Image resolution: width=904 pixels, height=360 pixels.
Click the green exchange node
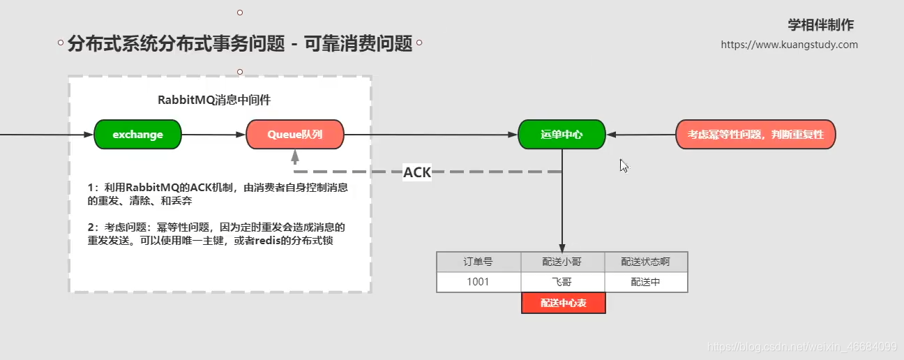point(137,135)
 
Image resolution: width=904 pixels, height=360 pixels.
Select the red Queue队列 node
point(295,135)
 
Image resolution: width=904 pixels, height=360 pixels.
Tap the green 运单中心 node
point(562,135)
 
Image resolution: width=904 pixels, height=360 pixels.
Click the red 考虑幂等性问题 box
point(755,135)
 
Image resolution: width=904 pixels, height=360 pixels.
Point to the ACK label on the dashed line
point(417,172)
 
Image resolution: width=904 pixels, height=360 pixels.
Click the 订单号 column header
point(479,262)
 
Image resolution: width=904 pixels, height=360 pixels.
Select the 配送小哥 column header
point(562,262)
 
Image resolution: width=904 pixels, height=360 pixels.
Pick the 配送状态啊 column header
point(646,262)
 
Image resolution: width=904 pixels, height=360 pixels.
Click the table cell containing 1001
point(479,282)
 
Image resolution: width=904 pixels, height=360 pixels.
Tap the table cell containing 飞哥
point(562,282)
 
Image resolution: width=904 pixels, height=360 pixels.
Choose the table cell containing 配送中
point(646,282)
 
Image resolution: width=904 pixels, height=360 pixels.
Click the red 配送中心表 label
point(564,303)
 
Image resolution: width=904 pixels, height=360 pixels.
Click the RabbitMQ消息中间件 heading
point(214,100)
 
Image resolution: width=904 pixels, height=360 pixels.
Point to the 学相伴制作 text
point(821,25)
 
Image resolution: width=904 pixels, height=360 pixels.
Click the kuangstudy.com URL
point(790,45)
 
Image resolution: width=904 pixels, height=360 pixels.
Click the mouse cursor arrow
point(624,165)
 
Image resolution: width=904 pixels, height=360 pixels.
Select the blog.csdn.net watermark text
point(801,346)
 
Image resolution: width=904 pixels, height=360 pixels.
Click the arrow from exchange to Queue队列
point(213,135)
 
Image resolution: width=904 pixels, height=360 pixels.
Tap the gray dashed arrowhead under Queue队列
point(295,158)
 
